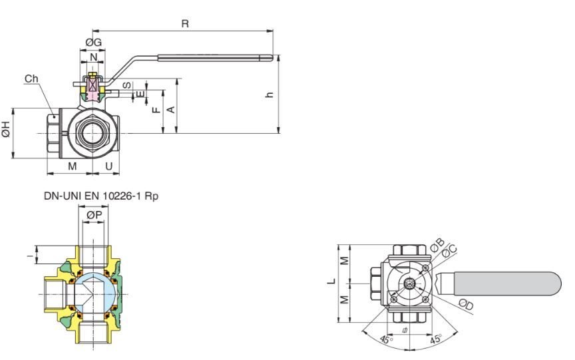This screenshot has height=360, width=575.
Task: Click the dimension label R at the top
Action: [185, 24]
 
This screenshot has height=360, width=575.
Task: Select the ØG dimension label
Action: [93, 43]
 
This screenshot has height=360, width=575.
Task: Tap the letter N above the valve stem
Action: [93, 58]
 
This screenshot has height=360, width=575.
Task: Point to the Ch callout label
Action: [31, 79]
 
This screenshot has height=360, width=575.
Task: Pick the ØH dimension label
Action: [7, 131]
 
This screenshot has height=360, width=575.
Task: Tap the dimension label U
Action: [108, 165]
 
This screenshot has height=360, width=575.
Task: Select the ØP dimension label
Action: [94, 215]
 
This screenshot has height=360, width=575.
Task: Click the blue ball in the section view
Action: [93, 293]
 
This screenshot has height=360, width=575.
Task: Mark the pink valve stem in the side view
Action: [93, 87]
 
